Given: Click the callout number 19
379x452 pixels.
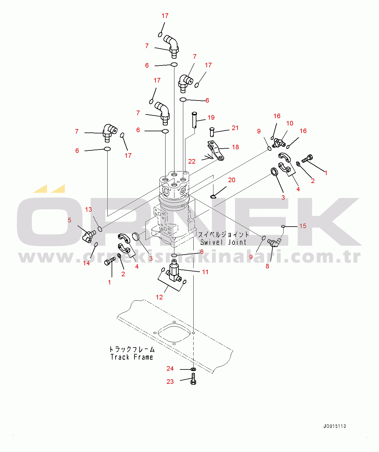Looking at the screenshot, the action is pos(211,118).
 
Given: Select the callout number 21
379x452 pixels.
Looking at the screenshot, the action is pos(235,128).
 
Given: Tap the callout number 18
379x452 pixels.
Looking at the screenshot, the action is pos(235,147).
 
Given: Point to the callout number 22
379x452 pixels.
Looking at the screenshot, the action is pos(192,161).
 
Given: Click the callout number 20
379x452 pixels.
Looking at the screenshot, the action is pos(232,180).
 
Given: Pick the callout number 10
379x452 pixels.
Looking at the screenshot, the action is pos(290,123).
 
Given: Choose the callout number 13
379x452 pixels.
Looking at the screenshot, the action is pos(88,210).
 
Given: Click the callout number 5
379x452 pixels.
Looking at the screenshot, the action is pos(70,220).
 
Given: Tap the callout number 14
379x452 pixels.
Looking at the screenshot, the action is pos(87,263).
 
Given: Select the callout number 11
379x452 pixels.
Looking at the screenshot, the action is pos(205,272).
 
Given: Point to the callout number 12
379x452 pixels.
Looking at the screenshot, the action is pos(159,297).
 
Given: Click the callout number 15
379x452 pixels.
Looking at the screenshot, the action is pos(303,226).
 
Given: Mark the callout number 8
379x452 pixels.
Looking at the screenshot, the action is pos(267,266).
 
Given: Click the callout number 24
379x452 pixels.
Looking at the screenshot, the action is pos(170,369).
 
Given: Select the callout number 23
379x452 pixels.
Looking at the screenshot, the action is pos(170,382).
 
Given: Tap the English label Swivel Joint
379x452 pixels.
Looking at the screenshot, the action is pos(223,242).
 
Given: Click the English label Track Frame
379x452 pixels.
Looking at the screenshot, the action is pos(132,357).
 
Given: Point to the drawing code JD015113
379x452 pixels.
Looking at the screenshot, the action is pos(335,426).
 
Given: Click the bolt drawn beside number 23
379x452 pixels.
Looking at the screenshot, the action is pos(193,379).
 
